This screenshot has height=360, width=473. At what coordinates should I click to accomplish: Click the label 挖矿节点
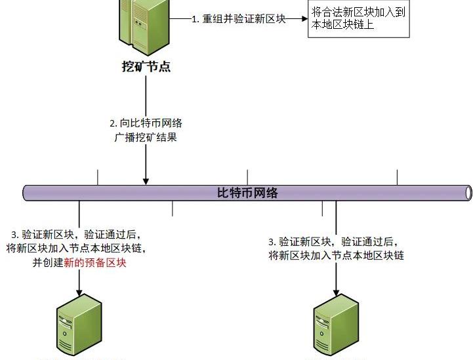coord(146,66)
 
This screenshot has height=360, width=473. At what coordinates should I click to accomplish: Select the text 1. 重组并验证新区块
coord(239,19)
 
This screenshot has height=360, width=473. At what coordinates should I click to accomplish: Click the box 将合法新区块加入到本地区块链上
coord(359,20)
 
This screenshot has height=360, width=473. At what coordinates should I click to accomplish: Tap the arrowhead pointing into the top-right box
coord(304,19)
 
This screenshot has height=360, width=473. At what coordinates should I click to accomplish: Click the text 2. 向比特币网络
coord(146,123)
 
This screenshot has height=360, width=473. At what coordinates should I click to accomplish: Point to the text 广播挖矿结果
coord(146,138)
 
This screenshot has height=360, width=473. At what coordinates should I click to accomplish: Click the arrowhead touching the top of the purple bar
coord(146,180)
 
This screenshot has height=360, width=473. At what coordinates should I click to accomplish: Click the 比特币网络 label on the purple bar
coord(247,193)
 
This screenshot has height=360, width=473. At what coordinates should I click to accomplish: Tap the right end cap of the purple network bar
coord(468,193)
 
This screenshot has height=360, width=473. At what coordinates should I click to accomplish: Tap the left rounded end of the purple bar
coord(27,193)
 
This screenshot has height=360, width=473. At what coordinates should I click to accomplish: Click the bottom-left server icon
coord(79,325)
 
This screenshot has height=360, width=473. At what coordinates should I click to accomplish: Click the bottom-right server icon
coord(335,325)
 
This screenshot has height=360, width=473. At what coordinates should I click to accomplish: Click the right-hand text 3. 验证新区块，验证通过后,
coord(333,241)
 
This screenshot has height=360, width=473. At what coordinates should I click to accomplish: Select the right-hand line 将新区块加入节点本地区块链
coord(336,256)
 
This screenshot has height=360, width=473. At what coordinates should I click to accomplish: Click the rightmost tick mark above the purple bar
coord(397,177)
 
